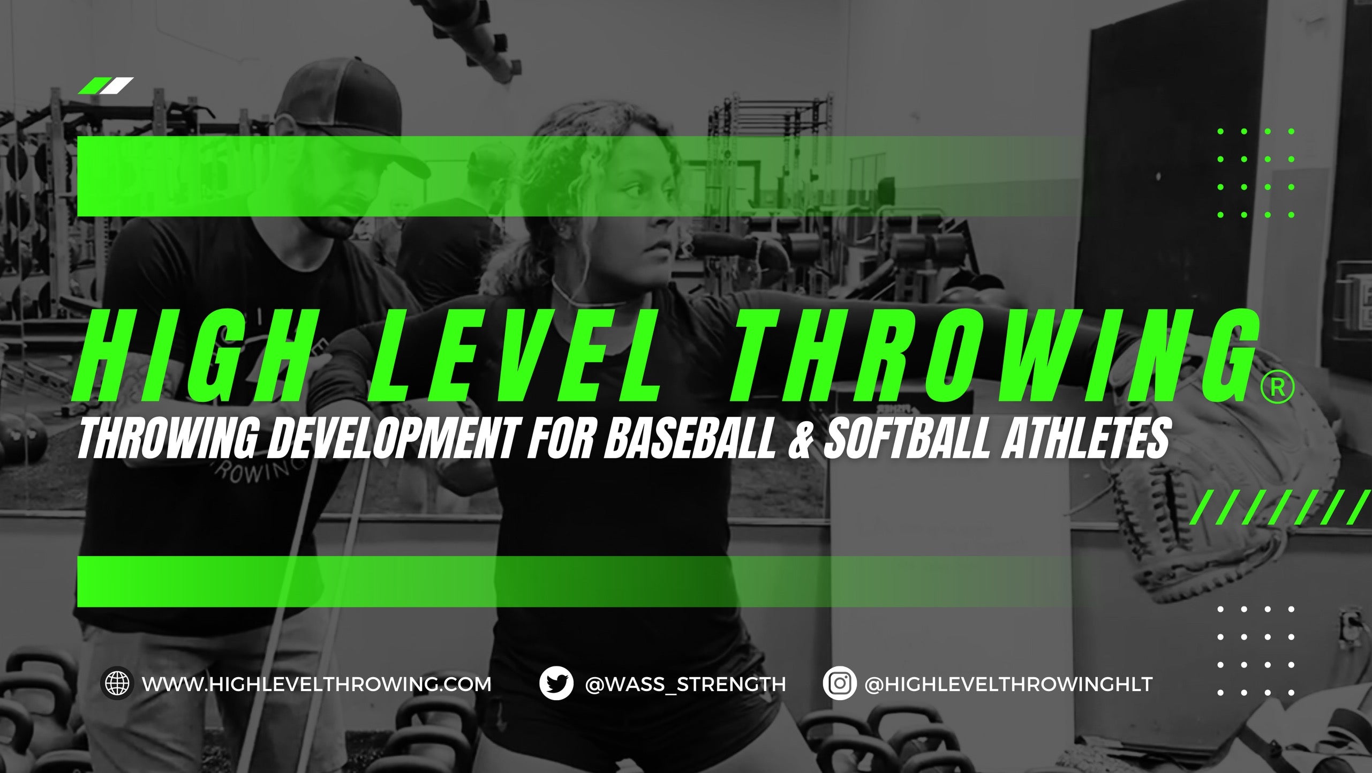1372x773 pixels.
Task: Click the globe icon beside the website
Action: tap(117, 684)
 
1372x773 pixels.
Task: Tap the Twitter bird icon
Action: tap(555, 684)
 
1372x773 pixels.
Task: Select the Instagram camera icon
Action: tap(839, 684)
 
